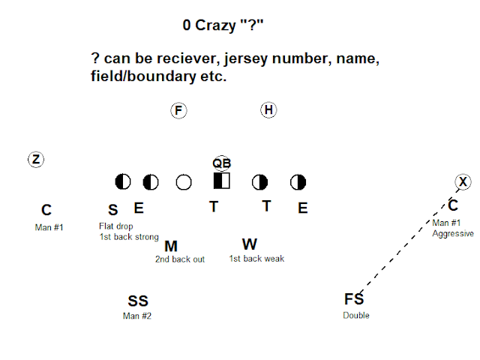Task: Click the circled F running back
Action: click(178, 111)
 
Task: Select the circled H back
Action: click(268, 110)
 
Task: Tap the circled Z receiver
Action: click(35, 159)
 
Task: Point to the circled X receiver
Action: click(463, 181)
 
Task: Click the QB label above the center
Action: click(221, 163)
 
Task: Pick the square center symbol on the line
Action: click(222, 181)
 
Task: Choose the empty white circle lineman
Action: click(183, 181)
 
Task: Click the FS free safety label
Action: click(354, 299)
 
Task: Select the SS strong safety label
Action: click(138, 301)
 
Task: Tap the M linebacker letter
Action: click(171, 245)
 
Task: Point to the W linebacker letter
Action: click(250, 244)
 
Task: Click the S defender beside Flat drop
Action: click(112, 210)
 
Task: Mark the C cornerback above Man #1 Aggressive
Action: click(453, 205)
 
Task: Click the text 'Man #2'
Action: click(137, 316)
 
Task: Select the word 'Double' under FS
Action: click(356, 315)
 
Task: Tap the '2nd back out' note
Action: click(180, 259)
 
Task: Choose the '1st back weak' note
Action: click(256, 259)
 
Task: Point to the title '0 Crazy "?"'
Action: click(223, 25)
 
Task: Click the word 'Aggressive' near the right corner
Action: click(453, 233)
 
